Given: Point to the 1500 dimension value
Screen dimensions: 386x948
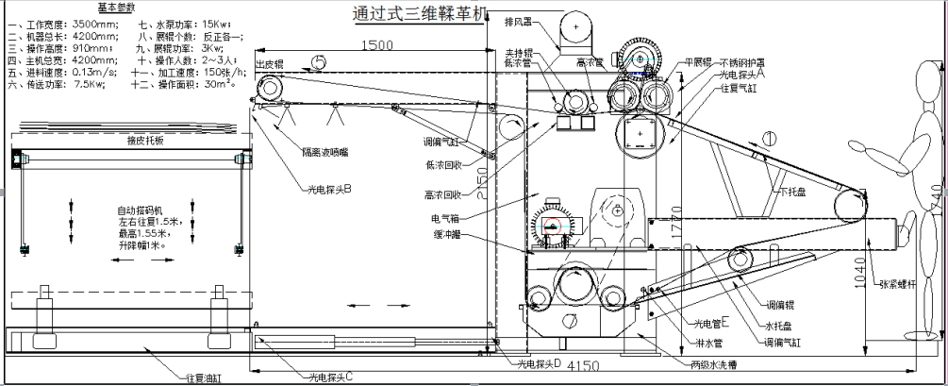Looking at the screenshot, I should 376,43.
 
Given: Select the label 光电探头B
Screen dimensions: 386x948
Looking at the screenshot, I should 327,189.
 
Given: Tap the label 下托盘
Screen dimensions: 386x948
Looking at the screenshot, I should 792,193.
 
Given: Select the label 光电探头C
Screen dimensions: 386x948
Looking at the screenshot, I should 331,377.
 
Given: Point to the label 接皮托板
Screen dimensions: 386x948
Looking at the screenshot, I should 145,140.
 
